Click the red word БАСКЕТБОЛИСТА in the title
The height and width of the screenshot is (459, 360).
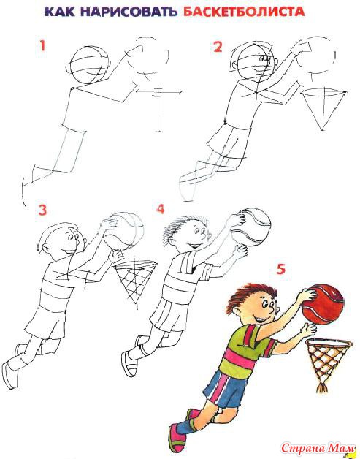[244, 12]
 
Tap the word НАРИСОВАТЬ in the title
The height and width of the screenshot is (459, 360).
[129, 12]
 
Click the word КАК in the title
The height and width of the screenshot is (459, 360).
[60, 12]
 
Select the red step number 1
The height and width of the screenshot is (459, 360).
[42, 46]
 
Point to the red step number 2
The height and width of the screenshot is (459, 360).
[218, 47]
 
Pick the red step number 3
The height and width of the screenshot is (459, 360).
[42, 210]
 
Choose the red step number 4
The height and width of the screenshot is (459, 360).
[161, 209]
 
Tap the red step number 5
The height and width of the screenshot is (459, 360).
[280, 269]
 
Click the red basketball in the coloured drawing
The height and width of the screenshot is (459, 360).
[323, 304]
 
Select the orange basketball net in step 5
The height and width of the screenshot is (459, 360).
[327, 363]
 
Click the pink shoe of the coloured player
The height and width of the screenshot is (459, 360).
[176, 437]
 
